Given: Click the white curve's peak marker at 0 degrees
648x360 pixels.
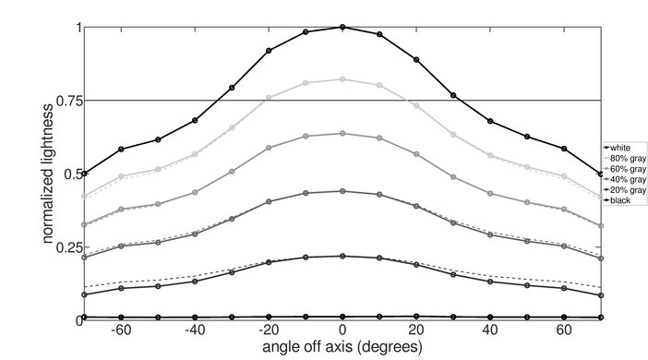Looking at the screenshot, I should pyautogui.click(x=342, y=27).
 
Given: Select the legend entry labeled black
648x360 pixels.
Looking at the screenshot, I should pyautogui.click(x=619, y=199).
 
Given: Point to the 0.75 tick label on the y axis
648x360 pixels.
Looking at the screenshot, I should pyautogui.click(x=64, y=100).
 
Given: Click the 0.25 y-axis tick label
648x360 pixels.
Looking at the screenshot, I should pyautogui.click(x=64, y=247).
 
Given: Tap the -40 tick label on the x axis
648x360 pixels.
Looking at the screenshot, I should pyautogui.click(x=193, y=330).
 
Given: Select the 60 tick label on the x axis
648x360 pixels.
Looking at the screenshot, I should pyautogui.click(x=563, y=330).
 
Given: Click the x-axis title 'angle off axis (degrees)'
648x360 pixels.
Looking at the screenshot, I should pyautogui.click(x=342, y=348).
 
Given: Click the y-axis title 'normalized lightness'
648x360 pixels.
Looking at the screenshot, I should pyautogui.click(x=45, y=174).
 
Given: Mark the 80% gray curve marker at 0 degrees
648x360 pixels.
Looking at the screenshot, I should pyautogui.click(x=342, y=79).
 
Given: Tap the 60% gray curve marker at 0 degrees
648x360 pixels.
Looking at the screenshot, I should pyautogui.click(x=342, y=133).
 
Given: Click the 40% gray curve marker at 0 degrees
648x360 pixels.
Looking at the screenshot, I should pyautogui.click(x=342, y=191).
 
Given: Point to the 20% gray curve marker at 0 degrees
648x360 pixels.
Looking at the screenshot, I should pyautogui.click(x=342, y=256).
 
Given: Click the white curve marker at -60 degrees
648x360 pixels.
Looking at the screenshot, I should pyautogui.click(x=121, y=149).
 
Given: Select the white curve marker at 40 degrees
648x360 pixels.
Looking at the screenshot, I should pyautogui.click(x=490, y=121).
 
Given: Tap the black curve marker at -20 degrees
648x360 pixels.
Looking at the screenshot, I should pyautogui.click(x=269, y=317).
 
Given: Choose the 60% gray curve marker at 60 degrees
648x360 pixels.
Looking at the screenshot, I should pyautogui.click(x=564, y=210).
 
